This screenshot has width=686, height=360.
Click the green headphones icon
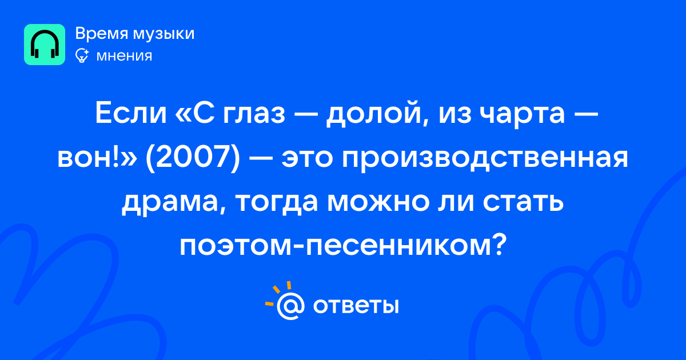(x=45, y=45)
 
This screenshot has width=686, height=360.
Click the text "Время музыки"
(x=135, y=34)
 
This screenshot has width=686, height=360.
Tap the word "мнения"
(x=124, y=56)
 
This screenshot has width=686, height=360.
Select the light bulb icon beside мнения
(x=82, y=55)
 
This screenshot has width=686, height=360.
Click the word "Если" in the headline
(x=131, y=113)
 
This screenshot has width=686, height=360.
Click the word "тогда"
(x=277, y=203)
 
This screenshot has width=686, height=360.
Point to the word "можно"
(x=378, y=202)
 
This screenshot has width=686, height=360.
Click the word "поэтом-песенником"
(x=336, y=246)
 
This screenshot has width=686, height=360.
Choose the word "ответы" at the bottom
(x=356, y=306)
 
